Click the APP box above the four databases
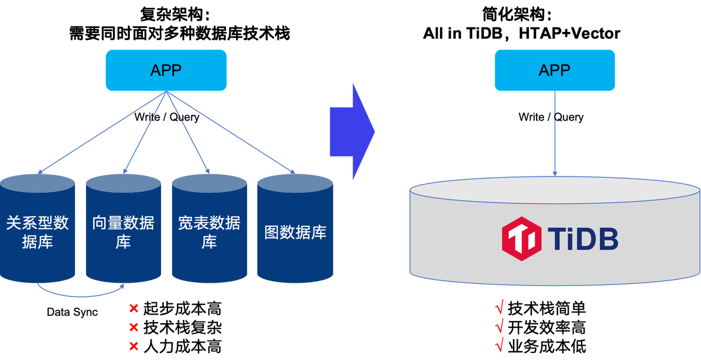click(166, 70)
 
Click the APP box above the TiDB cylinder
click(554, 70)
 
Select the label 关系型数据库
click(37, 232)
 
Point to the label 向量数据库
click(123, 232)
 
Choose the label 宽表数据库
click(209, 232)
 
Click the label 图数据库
click(295, 232)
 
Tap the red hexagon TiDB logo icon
click(521, 238)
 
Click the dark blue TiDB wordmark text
click(583, 239)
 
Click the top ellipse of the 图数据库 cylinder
click(295, 182)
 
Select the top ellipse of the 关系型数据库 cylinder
click(37, 182)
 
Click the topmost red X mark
click(133, 308)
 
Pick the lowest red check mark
click(499, 345)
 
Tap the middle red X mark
click(133, 328)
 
